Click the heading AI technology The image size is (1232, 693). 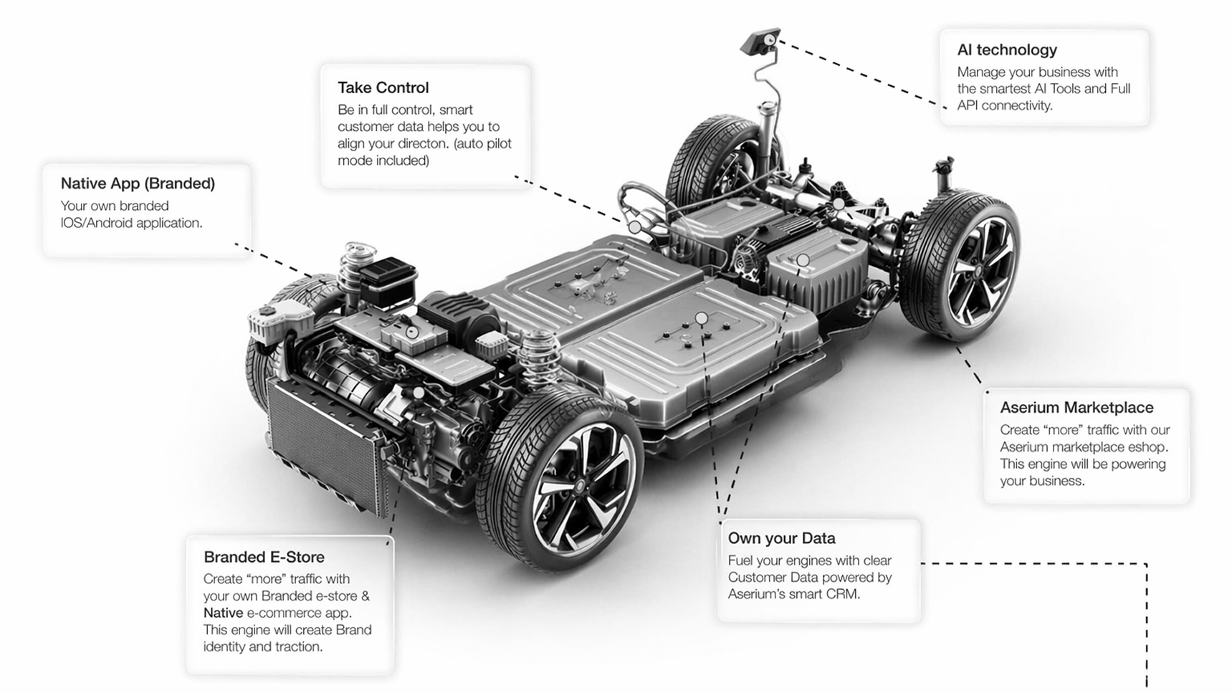click(x=1006, y=49)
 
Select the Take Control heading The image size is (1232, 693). click(x=383, y=87)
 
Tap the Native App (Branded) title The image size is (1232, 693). click(x=138, y=183)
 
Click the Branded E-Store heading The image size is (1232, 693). click(x=264, y=557)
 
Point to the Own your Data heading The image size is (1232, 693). click(x=781, y=538)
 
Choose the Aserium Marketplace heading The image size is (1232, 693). click(x=1076, y=407)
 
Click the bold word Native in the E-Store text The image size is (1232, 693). click(x=223, y=613)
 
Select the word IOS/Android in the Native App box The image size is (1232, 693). click(x=96, y=223)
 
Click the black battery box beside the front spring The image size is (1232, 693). click(x=387, y=282)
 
